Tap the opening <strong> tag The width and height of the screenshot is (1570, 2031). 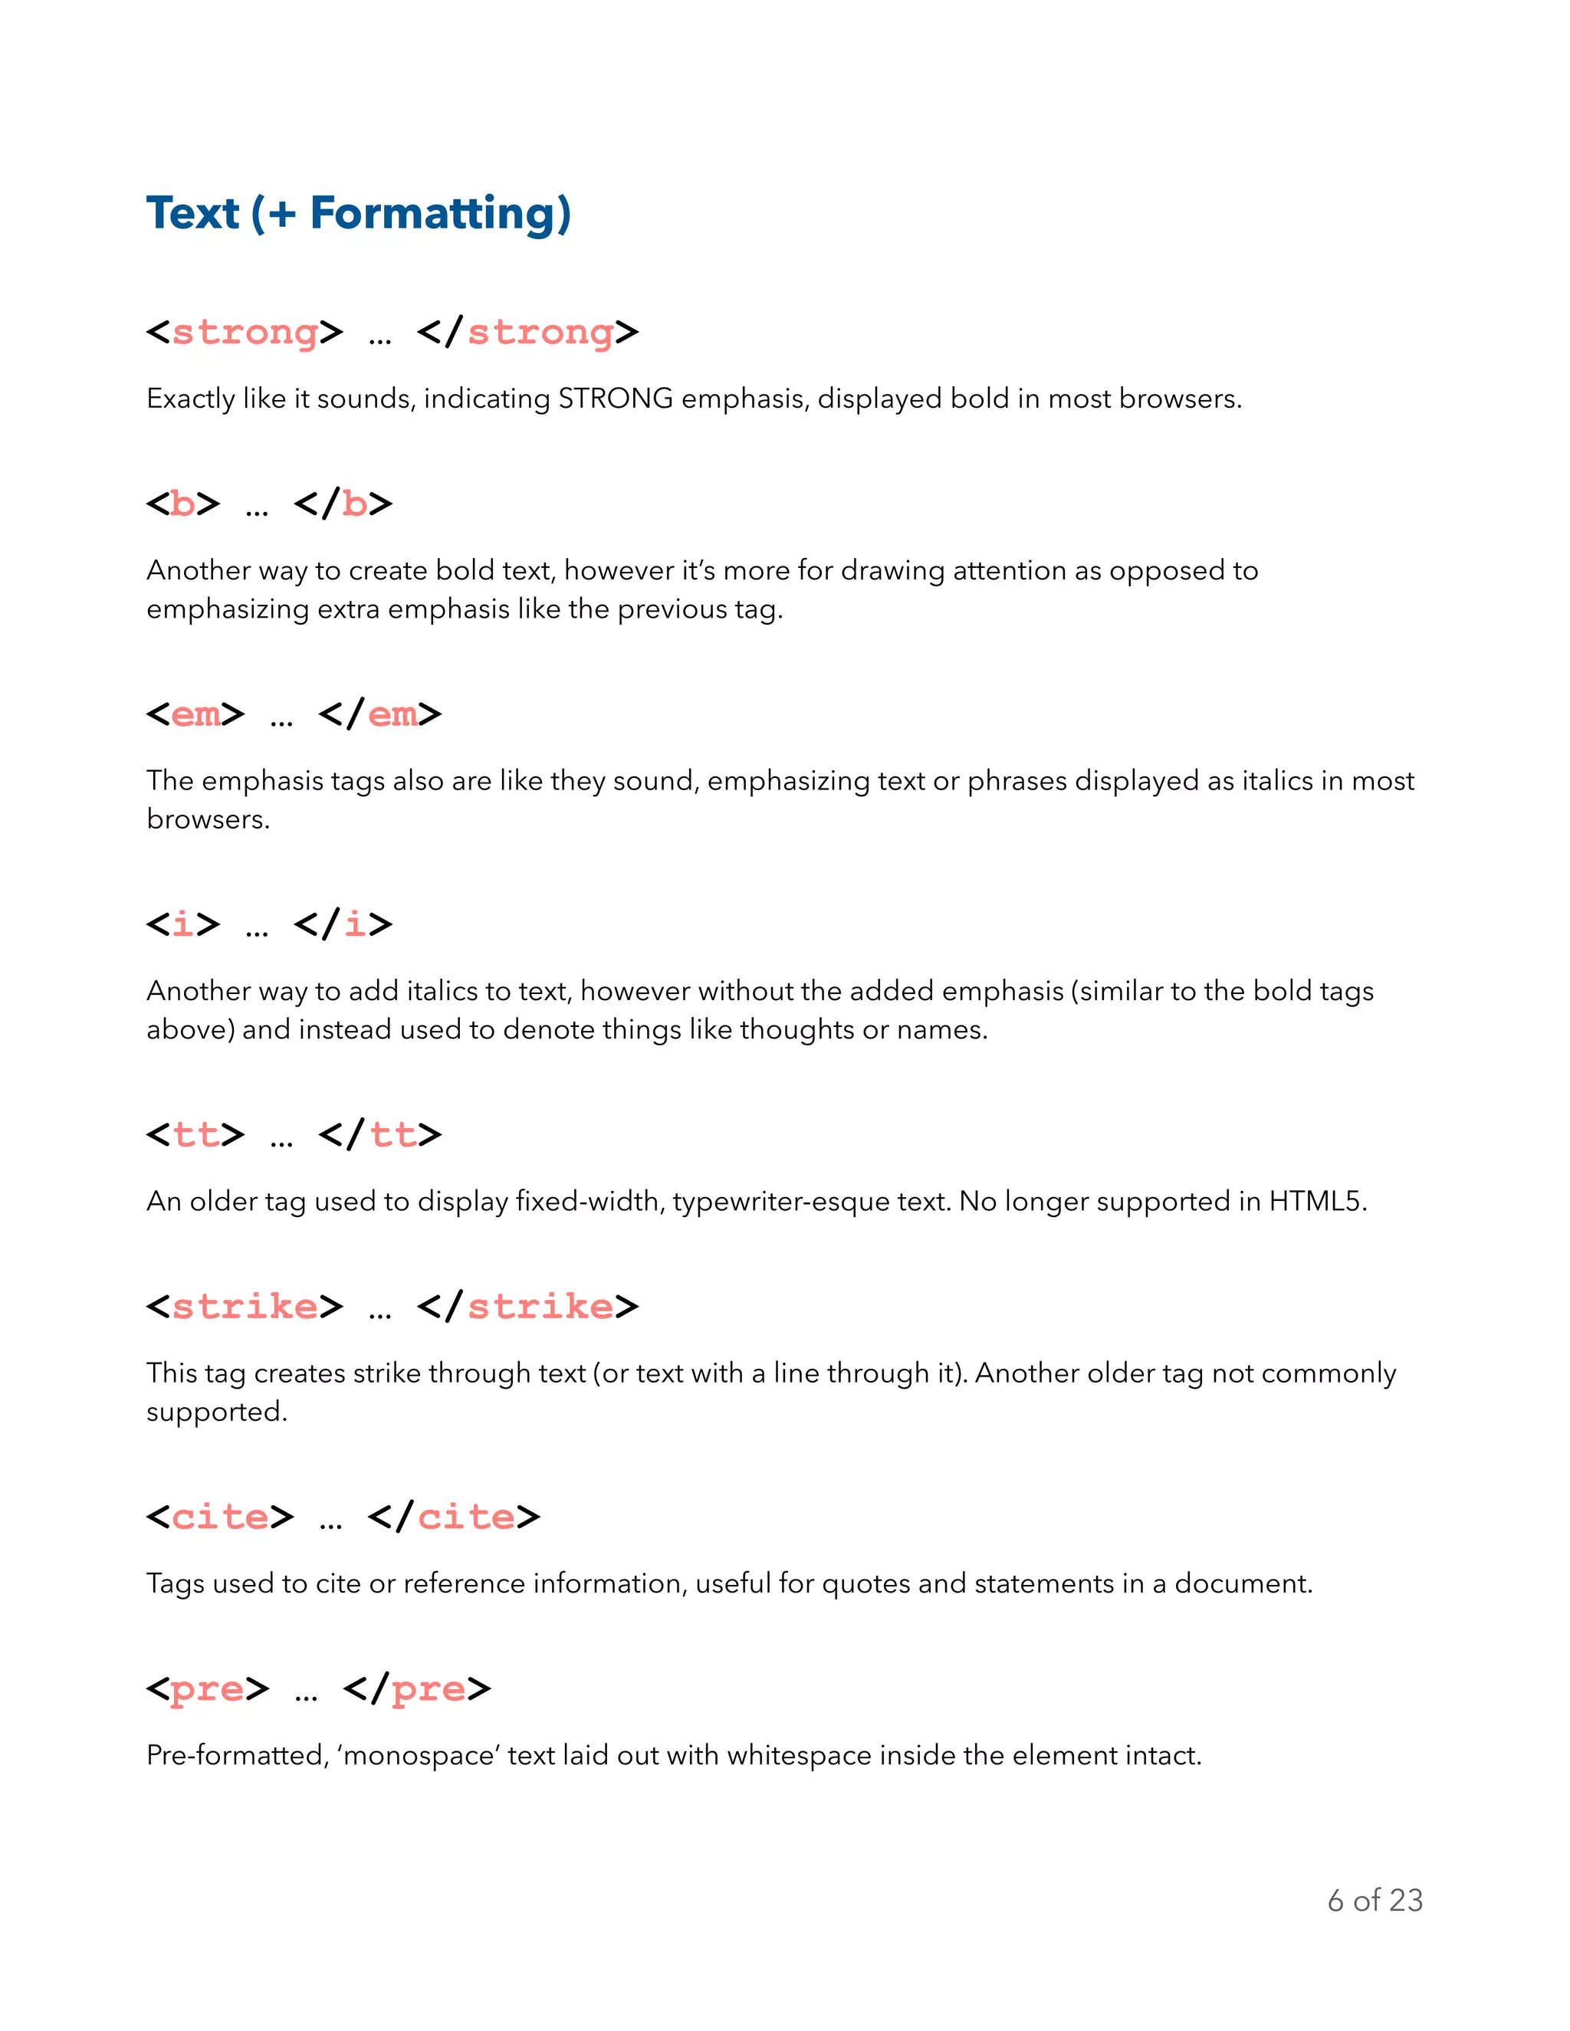point(245,332)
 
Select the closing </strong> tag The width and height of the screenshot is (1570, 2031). point(527,332)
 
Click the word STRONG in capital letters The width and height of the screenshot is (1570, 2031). point(615,399)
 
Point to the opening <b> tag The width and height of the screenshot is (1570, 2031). point(183,504)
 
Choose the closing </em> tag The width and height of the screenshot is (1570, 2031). point(379,714)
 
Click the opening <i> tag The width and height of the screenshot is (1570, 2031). point(183,924)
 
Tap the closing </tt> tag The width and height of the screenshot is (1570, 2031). point(379,1134)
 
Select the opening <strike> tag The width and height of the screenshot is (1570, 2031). point(245,1307)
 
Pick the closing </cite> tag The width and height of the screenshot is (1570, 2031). point(454,1517)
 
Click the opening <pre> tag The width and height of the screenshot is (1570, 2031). point(208,1688)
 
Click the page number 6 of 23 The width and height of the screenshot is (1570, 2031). point(1375,1900)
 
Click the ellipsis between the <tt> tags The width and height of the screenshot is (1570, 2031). point(281,1143)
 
